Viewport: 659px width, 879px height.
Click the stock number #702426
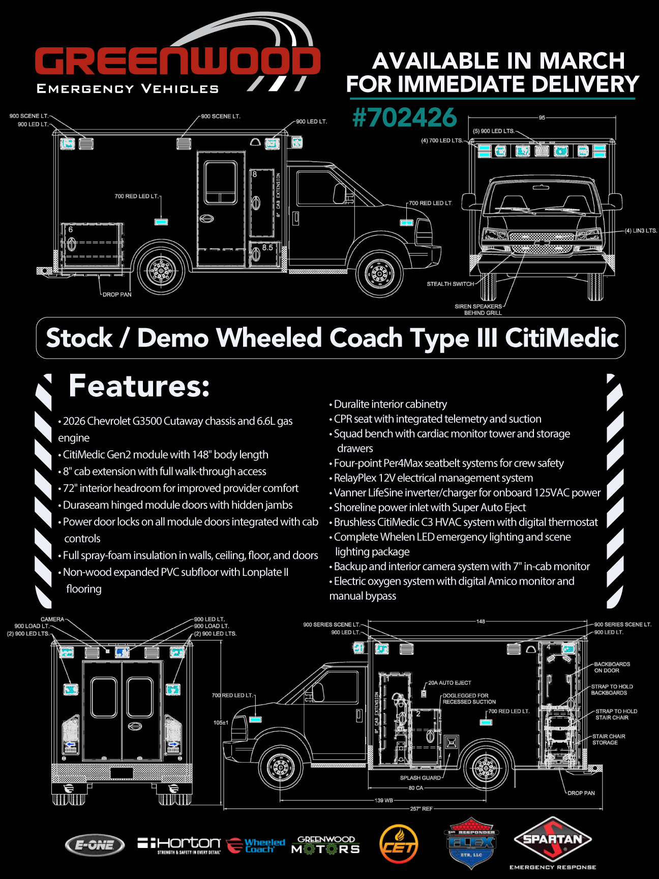tap(405, 118)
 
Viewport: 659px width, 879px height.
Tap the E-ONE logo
tap(95, 845)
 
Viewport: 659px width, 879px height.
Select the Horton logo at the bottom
tap(179, 845)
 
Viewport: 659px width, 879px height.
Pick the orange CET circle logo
tap(399, 844)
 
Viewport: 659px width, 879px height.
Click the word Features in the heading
tap(139, 386)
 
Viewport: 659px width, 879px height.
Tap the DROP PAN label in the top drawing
tap(117, 295)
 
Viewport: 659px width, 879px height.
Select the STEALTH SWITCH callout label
tap(450, 284)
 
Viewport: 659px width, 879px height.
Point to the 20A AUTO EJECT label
tap(450, 683)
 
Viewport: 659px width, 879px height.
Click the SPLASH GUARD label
tap(421, 778)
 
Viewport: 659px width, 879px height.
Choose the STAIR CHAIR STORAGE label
tap(608, 740)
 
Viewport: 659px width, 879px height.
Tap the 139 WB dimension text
tap(384, 800)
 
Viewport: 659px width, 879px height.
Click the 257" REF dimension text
tap(421, 809)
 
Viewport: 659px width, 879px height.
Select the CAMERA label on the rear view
tap(52, 619)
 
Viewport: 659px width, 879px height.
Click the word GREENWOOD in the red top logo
tap(177, 62)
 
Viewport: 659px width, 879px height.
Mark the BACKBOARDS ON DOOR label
tap(612, 667)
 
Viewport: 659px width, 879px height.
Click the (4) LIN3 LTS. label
tap(641, 231)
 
